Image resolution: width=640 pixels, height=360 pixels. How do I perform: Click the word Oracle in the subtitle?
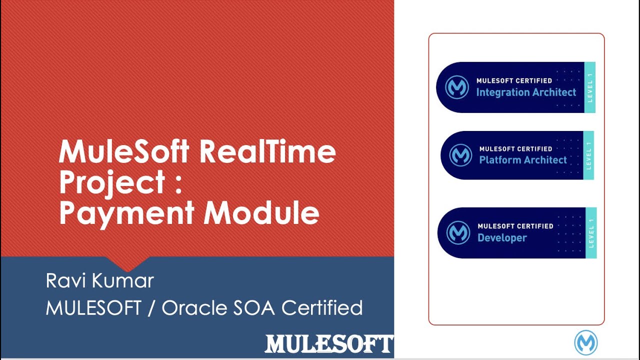tap(193, 307)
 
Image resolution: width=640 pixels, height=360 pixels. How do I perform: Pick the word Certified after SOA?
tap(322, 307)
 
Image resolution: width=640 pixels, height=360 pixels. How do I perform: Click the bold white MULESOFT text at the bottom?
tap(328, 344)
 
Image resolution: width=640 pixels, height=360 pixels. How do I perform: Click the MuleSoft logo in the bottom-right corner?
tap(586, 343)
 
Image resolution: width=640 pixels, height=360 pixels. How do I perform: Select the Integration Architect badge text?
tap(526, 92)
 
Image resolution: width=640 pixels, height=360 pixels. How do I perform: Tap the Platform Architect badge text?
tap(523, 160)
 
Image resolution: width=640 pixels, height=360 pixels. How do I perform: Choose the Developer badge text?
tap(502, 238)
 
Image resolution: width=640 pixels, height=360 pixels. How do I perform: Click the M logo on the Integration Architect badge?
tap(457, 87)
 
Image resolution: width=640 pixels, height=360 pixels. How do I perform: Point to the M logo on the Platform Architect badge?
tap(460, 155)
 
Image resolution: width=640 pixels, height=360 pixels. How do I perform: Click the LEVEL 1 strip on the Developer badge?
tap(590, 233)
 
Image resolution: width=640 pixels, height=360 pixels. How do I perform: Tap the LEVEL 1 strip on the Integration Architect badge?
tap(590, 87)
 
